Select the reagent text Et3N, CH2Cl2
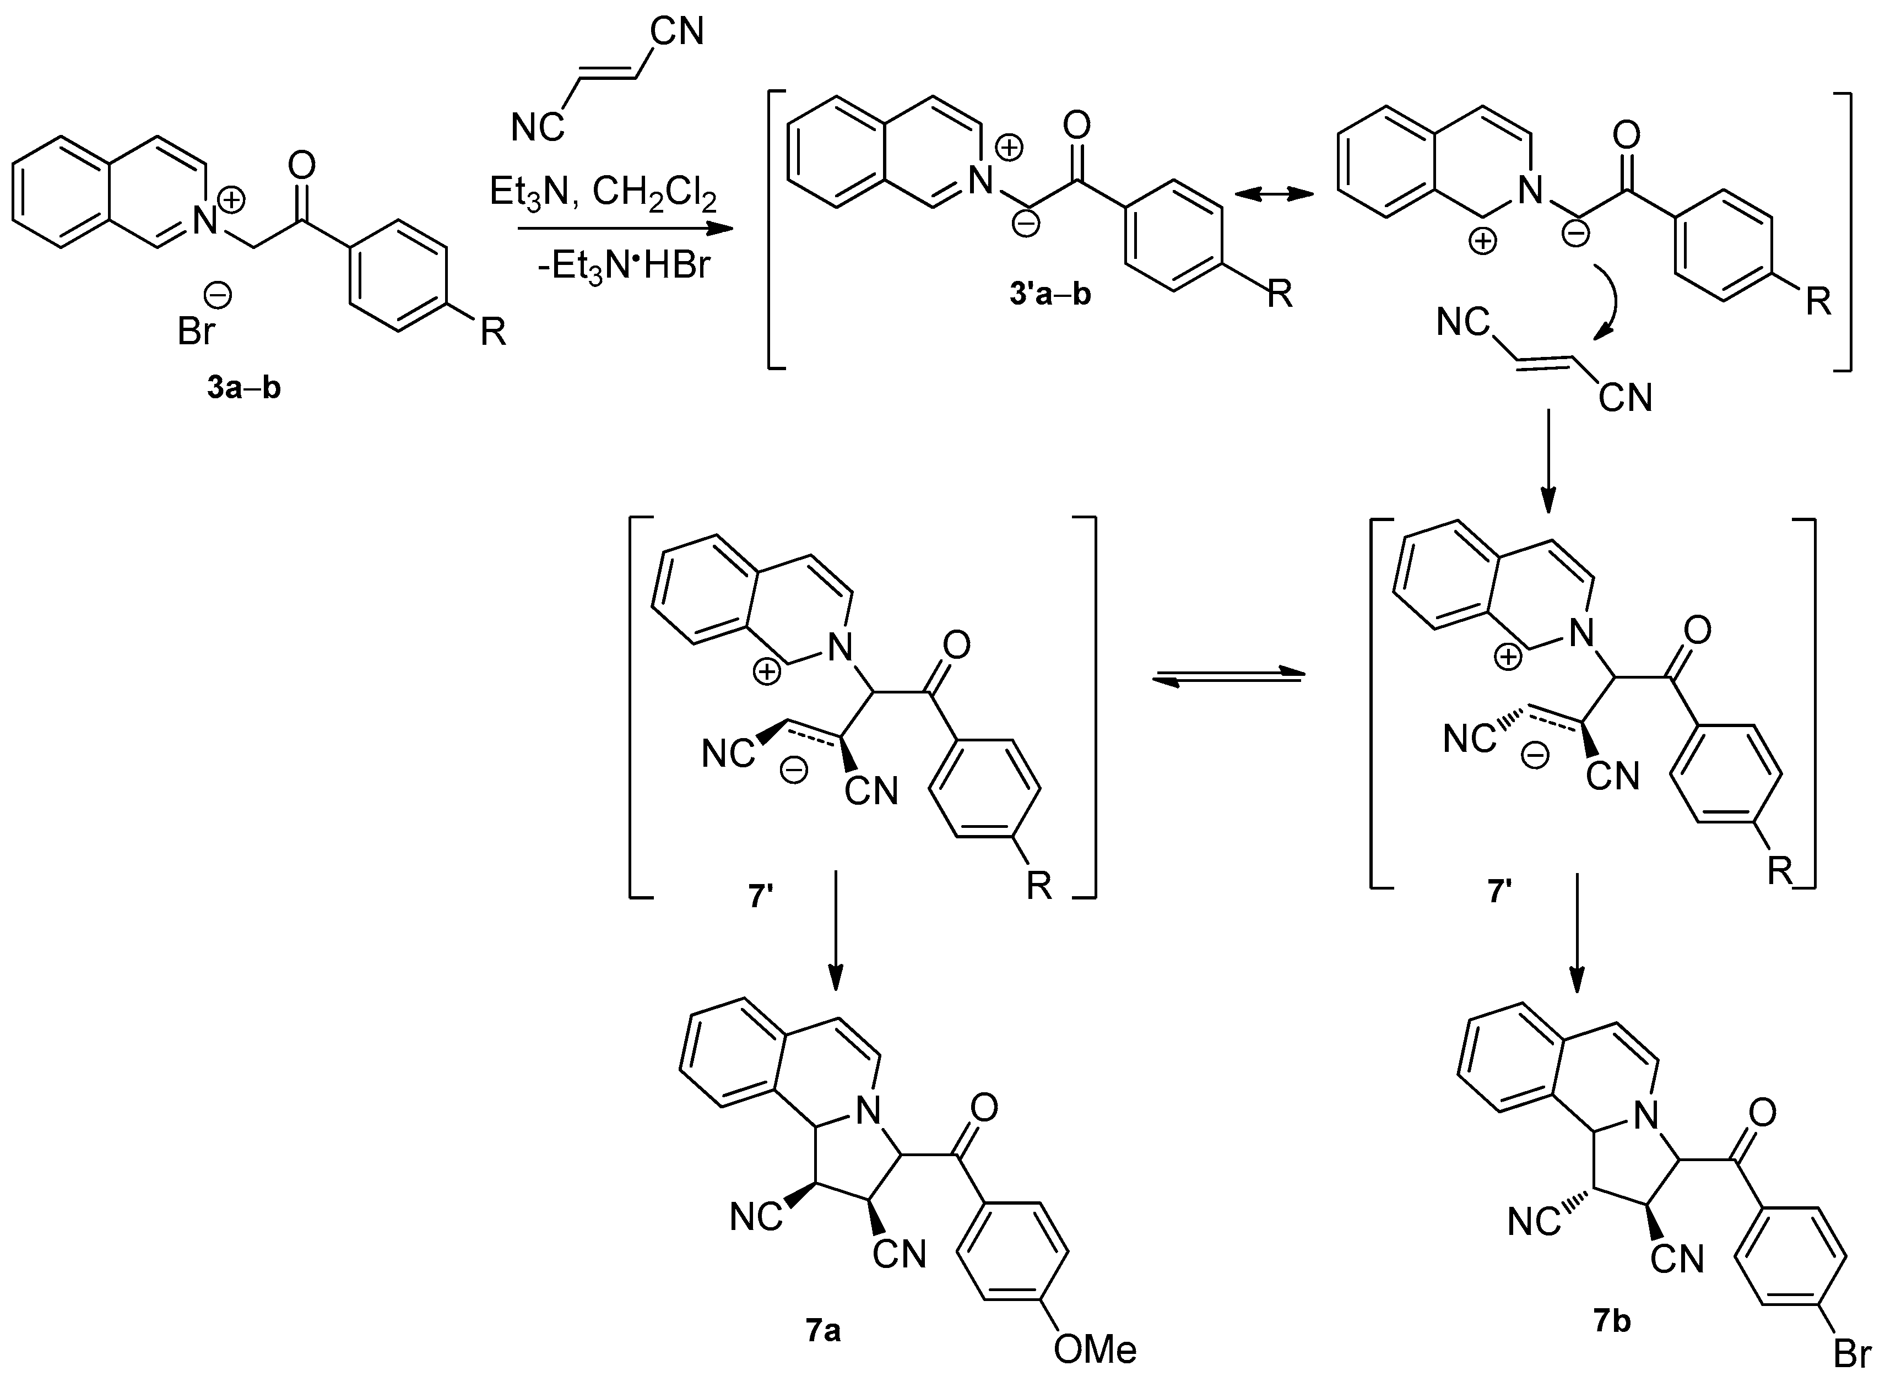(x=603, y=193)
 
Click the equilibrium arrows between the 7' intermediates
(x=1227, y=679)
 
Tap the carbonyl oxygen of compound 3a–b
(x=301, y=166)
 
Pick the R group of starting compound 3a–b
(x=492, y=332)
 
